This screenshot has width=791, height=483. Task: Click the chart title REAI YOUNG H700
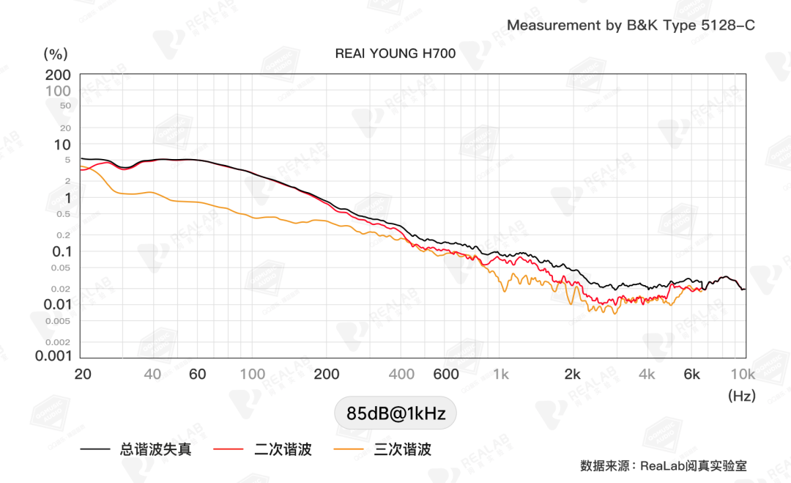tap(395, 54)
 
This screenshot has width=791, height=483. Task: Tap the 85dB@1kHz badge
tap(395, 413)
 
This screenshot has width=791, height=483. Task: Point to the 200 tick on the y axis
tap(58, 75)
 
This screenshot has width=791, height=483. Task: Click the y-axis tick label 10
tap(62, 144)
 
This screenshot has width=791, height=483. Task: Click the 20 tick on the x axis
tap(83, 375)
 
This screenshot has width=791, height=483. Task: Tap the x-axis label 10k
tap(742, 375)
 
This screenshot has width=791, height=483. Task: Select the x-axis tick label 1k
tap(501, 375)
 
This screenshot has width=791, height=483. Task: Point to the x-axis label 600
tap(446, 375)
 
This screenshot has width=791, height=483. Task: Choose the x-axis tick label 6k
tap(692, 375)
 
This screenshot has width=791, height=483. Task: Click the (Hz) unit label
tap(741, 396)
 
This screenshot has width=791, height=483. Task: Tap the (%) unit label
tap(56, 54)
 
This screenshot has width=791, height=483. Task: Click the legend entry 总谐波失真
tap(155, 449)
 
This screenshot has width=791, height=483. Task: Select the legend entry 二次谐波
tap(283, 449)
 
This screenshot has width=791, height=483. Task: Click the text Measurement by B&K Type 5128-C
tap(631, 26)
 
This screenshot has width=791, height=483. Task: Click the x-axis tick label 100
tap(253, 375)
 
